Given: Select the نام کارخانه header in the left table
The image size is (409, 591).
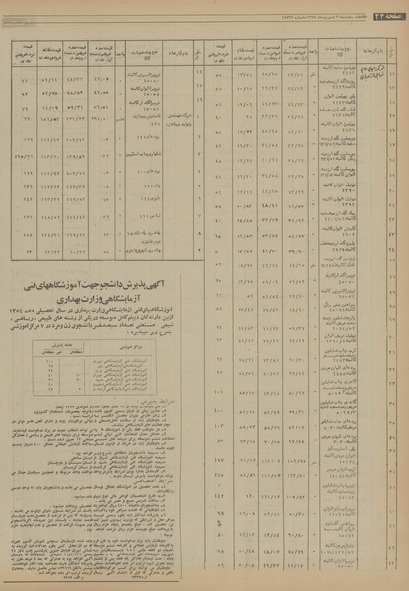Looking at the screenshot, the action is click(x=181, y=49).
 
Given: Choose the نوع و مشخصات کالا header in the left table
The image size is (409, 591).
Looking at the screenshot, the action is click(x=142, y=49).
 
